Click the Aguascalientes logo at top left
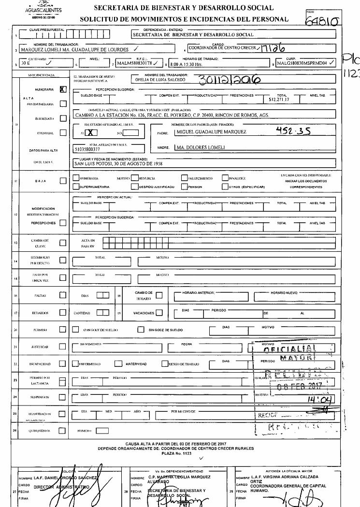(x=47, y=9)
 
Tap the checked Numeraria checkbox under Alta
(x=62, y=89)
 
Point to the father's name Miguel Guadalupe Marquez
(x=211, y=131)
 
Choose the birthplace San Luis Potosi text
(x=123, y=163)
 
